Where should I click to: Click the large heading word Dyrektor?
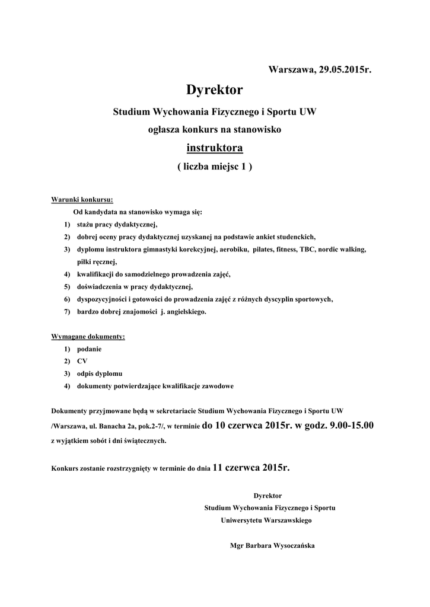215,90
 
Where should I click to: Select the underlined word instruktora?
215,147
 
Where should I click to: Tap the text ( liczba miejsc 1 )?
215,167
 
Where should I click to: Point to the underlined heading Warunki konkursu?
82,199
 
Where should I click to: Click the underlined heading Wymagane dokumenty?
88,337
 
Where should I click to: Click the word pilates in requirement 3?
263,249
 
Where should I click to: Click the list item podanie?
89,349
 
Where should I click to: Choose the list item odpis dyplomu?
100,373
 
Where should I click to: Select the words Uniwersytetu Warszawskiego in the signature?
266,520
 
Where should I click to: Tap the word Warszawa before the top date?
292,70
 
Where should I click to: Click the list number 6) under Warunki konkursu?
68,299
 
